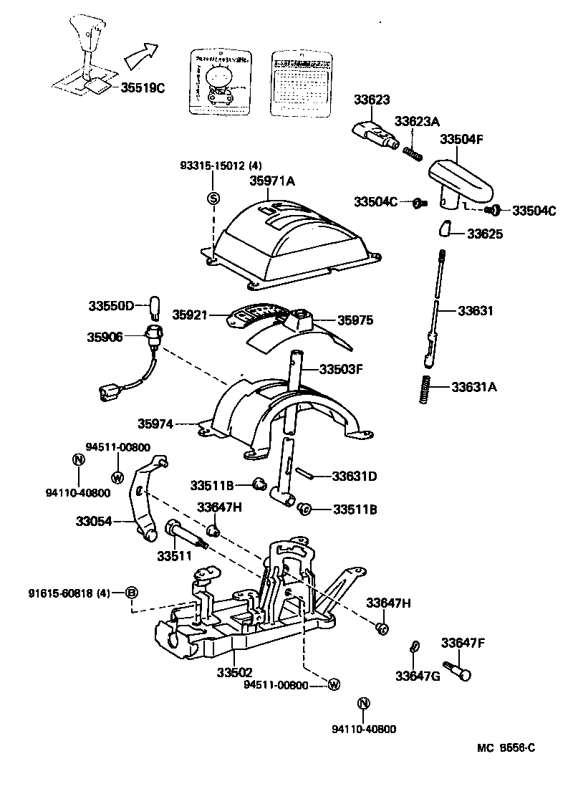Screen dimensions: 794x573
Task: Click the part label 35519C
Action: pyautogui.click(x=143, y=88)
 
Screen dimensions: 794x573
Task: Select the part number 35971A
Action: pyautogui.click(x=271, y=181)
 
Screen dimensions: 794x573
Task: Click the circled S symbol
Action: pyautogui.click(x=213, y=198)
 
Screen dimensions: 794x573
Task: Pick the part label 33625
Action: pyautogui.click(x=485, y=234)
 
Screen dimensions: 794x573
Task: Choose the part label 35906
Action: pyautogui.click(x=105, y=335)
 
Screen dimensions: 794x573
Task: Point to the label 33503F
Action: pyautogui.click(x=341, y=370)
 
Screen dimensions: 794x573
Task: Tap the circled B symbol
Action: pyautogui.click(x=132, y=593)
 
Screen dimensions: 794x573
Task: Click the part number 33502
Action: pyautogui.click(x=236, y=674)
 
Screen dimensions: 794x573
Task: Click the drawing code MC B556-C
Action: pyautogui.click(x=506, y=749)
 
